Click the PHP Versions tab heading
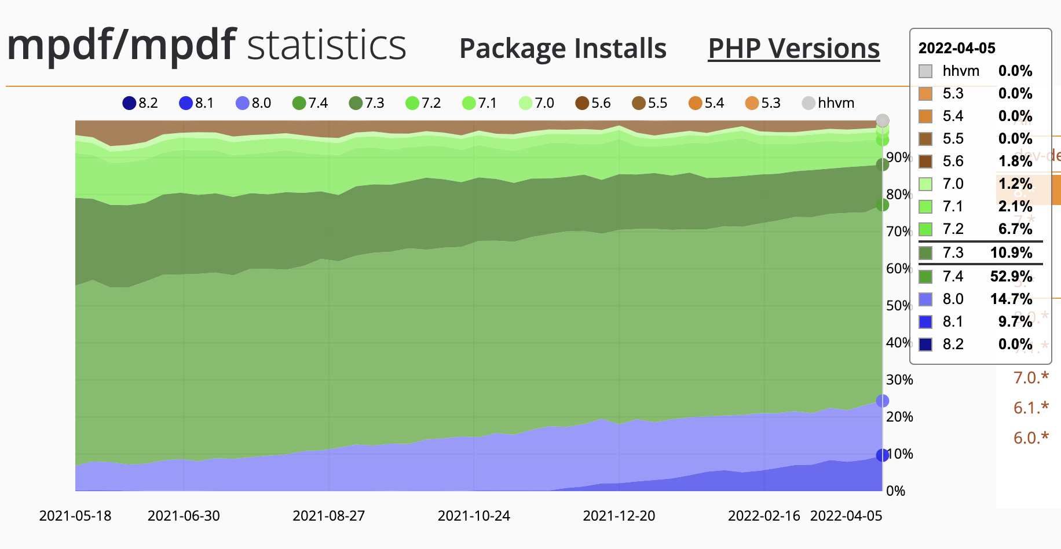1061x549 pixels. click(793, 49)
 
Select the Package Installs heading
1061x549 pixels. click(562, 49)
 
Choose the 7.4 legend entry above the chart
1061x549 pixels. click(310, 103)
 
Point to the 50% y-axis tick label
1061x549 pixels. click(899, 306)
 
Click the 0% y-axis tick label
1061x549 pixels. click(895, 491)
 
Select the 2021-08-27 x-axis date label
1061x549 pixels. click(328, 515)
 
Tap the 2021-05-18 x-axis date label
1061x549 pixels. click(75, 515)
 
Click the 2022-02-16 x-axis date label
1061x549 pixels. click(763, 515)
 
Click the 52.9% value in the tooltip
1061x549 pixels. click(1011, 276)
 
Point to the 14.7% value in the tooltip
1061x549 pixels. click(1011, 299)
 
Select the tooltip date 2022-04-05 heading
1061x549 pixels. click(956, 48)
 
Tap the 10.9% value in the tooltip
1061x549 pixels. click(1011, 253)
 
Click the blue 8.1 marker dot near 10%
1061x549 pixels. click(882, 455)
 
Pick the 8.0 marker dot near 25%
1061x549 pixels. click(882, 401)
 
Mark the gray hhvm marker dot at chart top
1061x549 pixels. click(882, 120)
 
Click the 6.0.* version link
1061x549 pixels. click(1031, 438)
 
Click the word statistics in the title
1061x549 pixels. click(327, 45)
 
